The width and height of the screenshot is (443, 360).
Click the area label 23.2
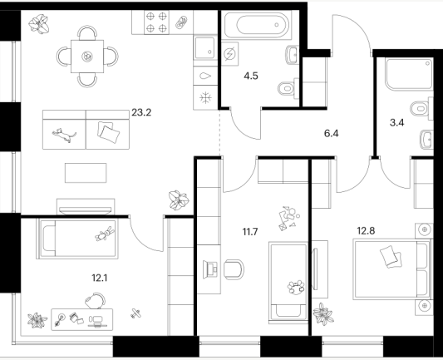tap(141, 112)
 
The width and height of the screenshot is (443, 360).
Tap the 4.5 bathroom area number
tap(251, 76)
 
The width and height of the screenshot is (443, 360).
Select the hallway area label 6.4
tap(332, 133)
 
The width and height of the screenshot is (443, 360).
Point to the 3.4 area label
tap(396, 123)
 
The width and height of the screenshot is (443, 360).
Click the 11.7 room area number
tap(250, 232)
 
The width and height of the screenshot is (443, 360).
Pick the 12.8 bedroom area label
tap(366, 231)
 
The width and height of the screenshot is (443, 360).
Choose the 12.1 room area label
tap(100, 278)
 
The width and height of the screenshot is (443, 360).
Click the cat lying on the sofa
tap(64, 135)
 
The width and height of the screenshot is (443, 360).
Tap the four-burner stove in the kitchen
tap(156, 22)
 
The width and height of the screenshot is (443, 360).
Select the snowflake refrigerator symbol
tap(205, 98)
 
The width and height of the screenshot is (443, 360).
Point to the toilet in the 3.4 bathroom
tap(421, 109)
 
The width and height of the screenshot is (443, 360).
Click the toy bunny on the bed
tap(105, 234)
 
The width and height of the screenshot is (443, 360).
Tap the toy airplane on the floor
tap(135, 313)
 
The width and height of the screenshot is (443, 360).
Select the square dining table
tap(87, 57)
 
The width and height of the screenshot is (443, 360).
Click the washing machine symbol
tap(229, 54)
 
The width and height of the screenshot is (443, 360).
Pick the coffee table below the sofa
tap(86, 173)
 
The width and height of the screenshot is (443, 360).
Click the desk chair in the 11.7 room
tap(234, 269)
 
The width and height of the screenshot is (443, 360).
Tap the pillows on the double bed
tap(391, 257)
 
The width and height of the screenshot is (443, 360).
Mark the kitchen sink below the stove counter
tap(205, 47)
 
